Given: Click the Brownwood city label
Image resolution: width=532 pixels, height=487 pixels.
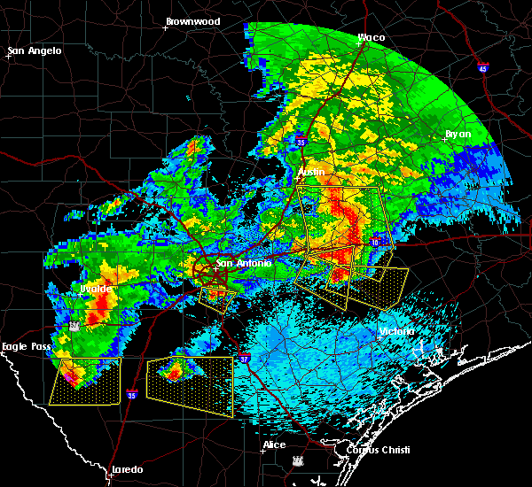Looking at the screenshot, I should pos(194,19).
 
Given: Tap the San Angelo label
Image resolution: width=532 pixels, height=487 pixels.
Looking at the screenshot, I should pos(35,51).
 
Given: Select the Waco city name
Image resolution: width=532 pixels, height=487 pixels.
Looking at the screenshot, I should pos(372,37).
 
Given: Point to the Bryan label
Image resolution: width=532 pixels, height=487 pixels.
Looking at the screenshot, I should pos(458,134).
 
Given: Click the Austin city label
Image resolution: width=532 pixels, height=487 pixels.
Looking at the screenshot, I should pos(311,171).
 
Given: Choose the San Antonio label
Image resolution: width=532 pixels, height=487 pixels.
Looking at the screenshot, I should pos(238,263).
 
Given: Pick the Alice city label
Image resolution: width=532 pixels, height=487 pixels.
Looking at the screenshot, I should pos(274,444).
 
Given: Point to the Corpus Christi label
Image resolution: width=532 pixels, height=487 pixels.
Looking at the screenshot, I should pos(365,450).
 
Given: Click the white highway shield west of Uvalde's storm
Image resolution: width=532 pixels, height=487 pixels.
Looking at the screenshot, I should pos(74,326).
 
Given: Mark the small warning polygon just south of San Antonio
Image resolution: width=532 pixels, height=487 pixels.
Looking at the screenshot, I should pos(217,297).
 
